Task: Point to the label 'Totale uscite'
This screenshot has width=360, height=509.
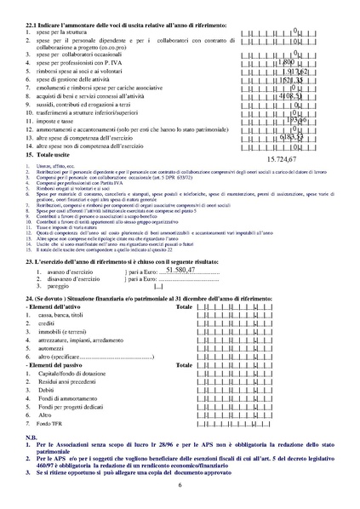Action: [x=54, y=156]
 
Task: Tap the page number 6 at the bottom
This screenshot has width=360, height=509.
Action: [x=180, y=484]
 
